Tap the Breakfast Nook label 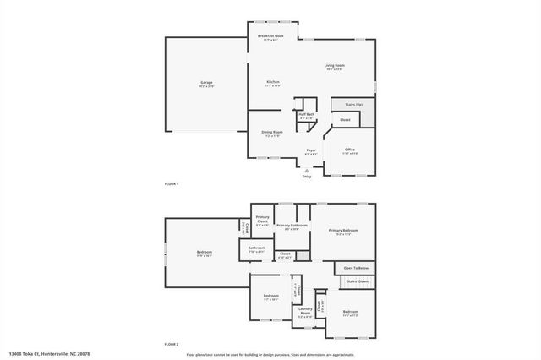270,36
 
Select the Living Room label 334,65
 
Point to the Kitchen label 272,82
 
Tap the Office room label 349,150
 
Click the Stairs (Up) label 353,104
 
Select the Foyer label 311,150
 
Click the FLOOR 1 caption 172,183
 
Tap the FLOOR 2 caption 172,344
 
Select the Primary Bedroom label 343,231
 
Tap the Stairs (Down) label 357,281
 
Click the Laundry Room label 305,314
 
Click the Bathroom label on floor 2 256,248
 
